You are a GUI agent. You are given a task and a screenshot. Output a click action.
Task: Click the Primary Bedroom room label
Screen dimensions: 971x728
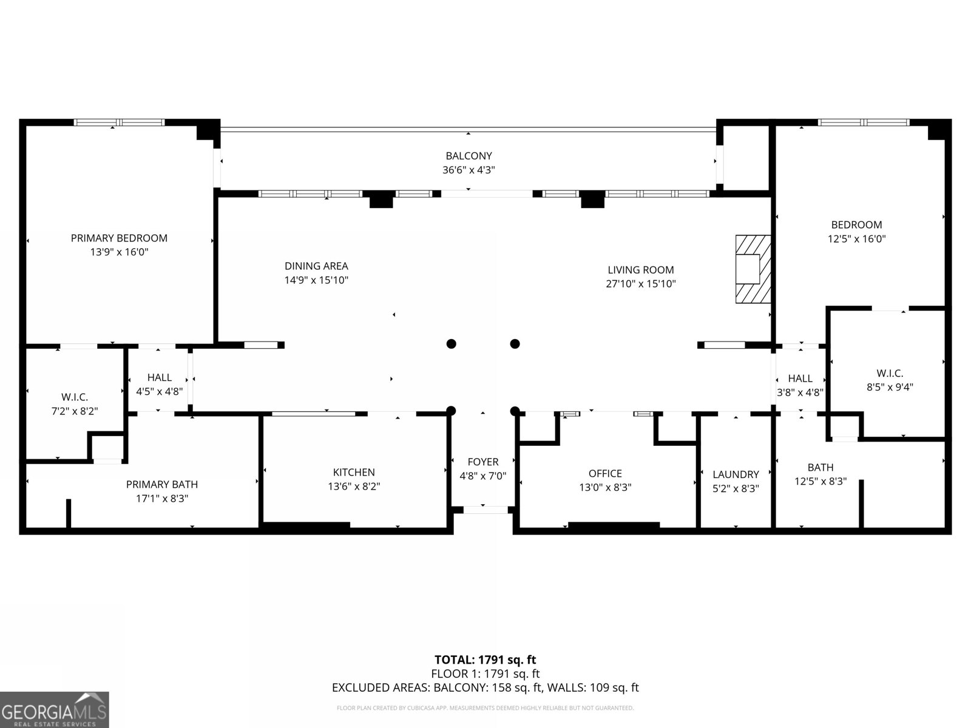(x=119, y=238)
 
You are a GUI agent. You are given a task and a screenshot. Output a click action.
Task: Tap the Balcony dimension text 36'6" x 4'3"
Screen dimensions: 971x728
(x=469, y=170)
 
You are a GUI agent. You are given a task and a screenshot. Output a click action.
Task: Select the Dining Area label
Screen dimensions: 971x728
(x=316, y=266)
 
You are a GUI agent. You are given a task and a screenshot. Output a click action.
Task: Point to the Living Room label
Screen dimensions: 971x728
(x=640, y=269)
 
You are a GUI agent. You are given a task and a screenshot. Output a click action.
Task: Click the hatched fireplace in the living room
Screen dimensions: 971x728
(x=753, y=269)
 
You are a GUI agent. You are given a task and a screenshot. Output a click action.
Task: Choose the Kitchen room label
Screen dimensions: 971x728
(x=354, y=472)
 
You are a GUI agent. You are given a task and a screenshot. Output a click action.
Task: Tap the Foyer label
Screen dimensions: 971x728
(x=483, y=462)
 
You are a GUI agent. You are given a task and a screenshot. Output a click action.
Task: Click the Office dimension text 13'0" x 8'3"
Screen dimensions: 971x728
(x=605, y=487)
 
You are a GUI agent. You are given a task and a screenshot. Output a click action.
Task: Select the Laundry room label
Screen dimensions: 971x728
(x=736, y=474)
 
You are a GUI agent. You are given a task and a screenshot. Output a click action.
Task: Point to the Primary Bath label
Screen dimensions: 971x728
(x=162, y=485)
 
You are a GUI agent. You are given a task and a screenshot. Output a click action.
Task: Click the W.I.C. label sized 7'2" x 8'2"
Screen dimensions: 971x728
(x=75, y=397)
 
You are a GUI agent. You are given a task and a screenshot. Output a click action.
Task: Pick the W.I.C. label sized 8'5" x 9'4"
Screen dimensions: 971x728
(x=890, y=373)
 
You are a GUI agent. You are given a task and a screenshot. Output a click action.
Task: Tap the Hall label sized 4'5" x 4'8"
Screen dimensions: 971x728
(x=159, y=377)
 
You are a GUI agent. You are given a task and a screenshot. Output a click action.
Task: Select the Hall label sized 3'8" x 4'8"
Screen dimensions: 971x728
(x=800, y=379)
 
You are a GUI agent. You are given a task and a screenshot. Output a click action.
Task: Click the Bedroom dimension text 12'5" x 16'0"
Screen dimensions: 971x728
(x=857, y=238)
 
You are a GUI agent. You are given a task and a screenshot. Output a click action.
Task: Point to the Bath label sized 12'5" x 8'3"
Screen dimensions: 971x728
(x=820, y=467)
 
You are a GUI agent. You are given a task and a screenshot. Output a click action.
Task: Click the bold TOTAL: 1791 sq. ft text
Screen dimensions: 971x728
(x=486, y=660)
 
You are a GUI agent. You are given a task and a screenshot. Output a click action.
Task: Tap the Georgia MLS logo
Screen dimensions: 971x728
(x=55, y=709)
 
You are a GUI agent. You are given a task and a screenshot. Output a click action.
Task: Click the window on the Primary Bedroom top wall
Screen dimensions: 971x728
(x=119, y=123)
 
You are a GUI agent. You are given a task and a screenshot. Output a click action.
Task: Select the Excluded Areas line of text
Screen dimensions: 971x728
(x=486, y=687)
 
